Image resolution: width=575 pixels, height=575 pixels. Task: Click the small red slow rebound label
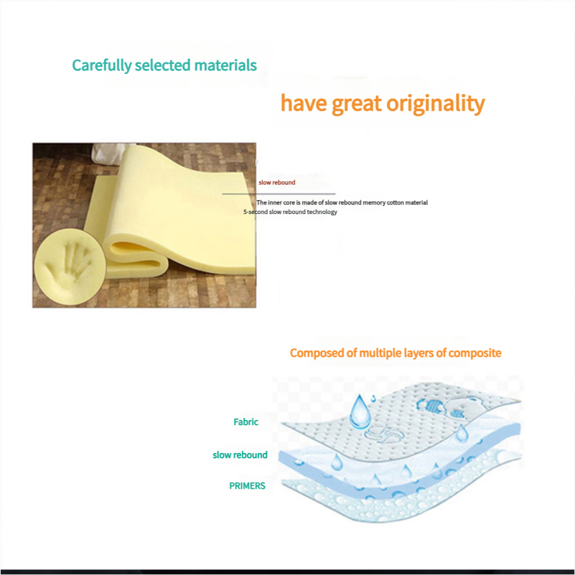click(x=276, y=182)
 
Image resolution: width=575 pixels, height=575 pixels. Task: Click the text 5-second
click(x=256, y=212)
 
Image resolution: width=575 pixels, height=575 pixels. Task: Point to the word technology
click(x=322, y=212)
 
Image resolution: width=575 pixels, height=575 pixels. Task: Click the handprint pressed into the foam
click(x=69, y=265)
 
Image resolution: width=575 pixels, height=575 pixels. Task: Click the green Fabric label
click(x=246, y=422)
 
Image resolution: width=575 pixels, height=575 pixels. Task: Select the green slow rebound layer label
click(x=240, y=455)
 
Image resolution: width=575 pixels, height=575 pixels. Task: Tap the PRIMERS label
click(x=247, y=486)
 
